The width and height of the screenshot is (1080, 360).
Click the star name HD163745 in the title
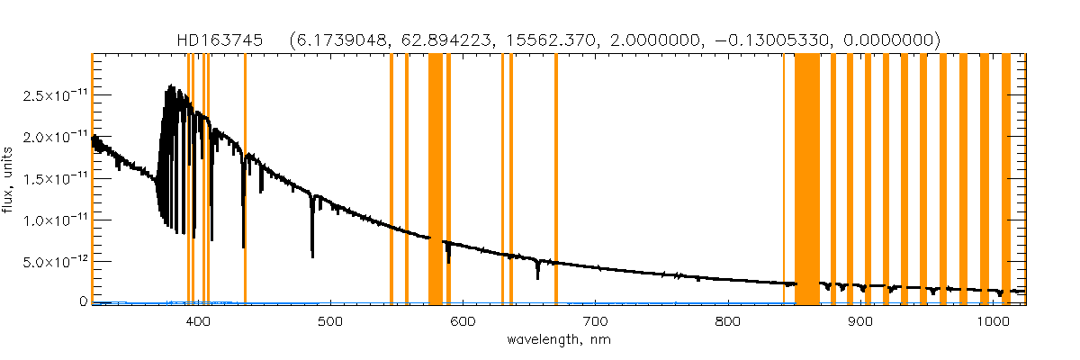[220, 40]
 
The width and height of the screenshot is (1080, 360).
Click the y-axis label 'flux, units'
[12, 179]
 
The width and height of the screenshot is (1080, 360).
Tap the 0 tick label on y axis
[82, 302]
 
